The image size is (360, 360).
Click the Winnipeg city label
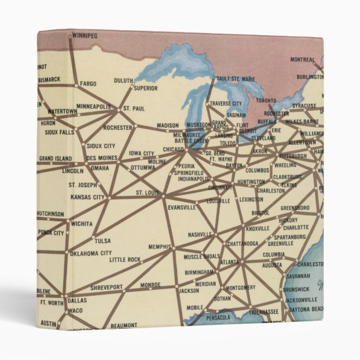click(x=85, y=36)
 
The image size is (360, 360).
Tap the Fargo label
click(x=88, y=84)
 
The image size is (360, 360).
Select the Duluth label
click(x=123, y=80)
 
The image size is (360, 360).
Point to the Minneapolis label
click(x=93, y=106)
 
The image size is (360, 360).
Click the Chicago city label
click(x=173, y=149)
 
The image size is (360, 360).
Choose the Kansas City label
click(x=88, y=197)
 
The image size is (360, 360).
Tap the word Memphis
click(x=159, y=247)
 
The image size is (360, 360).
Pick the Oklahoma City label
click(x=91, y=253)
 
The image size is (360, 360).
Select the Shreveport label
click(x=106, y=287)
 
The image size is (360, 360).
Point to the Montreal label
click(x=302, y=59)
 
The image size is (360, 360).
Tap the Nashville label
click(x=200, y=234)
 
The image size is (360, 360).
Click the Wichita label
click(x=82, y=224)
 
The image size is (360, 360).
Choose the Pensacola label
click(x=217, y=318)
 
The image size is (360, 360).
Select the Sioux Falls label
click(x=59, y=132)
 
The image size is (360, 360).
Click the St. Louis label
click(x=147, y=193)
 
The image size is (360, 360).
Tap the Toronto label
click(x=267, y=101)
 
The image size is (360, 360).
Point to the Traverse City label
click(x=226, y=103)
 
